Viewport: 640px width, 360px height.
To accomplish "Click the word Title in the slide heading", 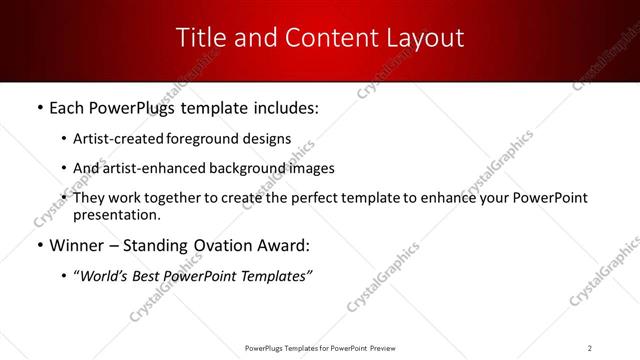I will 199,37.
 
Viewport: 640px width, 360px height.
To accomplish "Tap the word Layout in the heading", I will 424,37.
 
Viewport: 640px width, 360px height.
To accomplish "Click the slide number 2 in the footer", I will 590,347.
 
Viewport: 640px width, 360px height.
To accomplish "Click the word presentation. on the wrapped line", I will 116,214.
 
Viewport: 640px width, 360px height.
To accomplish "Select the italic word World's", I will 106,275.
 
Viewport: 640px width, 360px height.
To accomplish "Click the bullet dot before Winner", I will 38,246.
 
